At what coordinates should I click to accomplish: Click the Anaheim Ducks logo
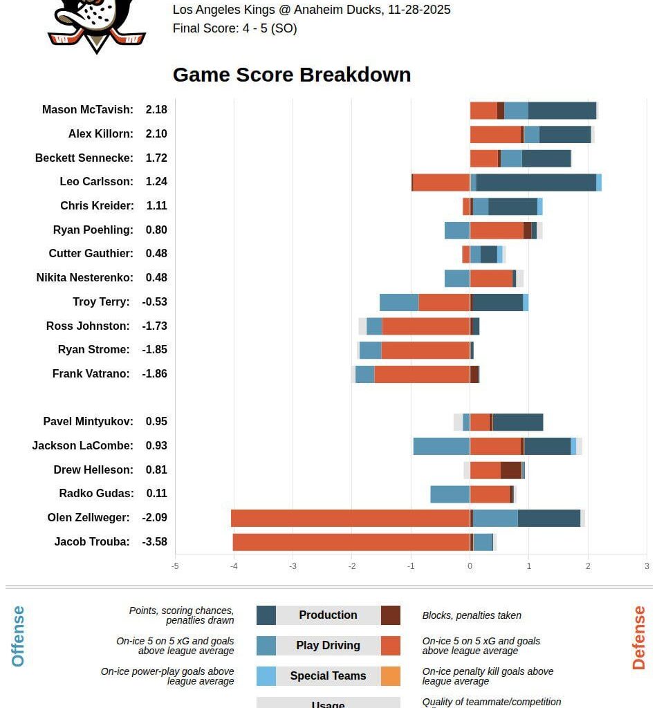[x=96, y=25]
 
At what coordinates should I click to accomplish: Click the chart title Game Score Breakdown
[x=291, y=75]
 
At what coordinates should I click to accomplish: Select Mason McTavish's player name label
[x=88, y=110]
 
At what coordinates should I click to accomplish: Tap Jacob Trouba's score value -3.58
[x=154, y=541]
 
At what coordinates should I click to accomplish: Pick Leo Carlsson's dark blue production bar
[x=536, y=182]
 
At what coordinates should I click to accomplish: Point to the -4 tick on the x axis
[x=234, y=566]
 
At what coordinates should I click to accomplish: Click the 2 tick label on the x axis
[x=588, y=566]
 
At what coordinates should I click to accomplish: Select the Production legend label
[x=328, y=615]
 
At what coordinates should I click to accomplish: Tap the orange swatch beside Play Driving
[x=390, y=645]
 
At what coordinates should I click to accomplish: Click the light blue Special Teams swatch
[x=266, y=676]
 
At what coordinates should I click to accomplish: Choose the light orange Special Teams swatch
[x=390, y=676]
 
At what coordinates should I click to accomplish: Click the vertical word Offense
[x=18, y=636]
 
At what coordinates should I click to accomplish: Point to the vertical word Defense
[x=638, y=637]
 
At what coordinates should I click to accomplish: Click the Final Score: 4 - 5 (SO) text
[x=234, y=29]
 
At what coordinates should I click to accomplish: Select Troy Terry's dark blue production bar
[x=497, y=302]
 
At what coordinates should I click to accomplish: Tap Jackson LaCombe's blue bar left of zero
[x=441, y=446]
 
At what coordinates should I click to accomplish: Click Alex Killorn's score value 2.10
[x=156, y=134]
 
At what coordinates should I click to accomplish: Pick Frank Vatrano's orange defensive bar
[x=422, y=374]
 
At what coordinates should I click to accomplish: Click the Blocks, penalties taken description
[x=472, y=615]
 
